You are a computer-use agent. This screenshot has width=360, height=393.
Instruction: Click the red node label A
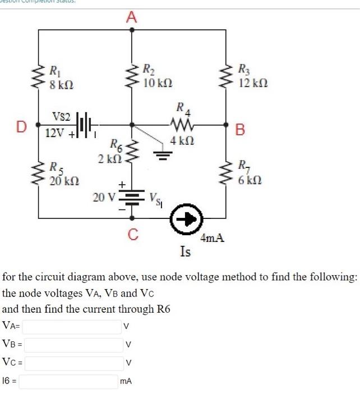point(131,17)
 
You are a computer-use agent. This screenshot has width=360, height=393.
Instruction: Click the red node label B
point(240,130)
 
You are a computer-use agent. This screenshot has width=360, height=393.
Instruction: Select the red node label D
point(21,127)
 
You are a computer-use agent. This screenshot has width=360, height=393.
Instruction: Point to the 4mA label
point(213,238)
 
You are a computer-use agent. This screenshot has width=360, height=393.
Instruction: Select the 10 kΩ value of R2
point(157,83)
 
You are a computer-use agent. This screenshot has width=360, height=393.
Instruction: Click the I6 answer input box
point(70,382)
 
